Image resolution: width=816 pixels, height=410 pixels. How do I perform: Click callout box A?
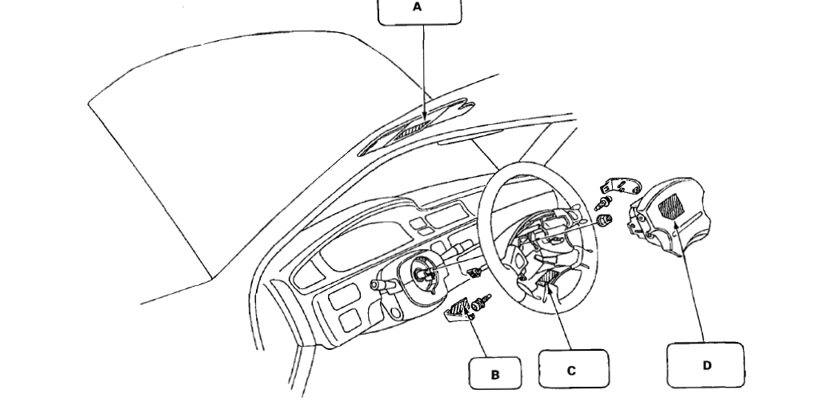pos(419,10)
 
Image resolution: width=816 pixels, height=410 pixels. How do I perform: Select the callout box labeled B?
pos(494,373)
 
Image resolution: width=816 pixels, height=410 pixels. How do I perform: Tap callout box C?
pos(573,369)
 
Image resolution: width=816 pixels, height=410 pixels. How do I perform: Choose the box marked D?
pos(706,365)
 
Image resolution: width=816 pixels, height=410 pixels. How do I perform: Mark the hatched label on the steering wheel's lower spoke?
pos(547,279)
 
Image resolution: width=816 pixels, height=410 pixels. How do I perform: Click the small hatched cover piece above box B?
pos(458,309)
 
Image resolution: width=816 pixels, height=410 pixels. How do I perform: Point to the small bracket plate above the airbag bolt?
pos(625,186)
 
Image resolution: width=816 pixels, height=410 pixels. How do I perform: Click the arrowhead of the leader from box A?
pos(422,122)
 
